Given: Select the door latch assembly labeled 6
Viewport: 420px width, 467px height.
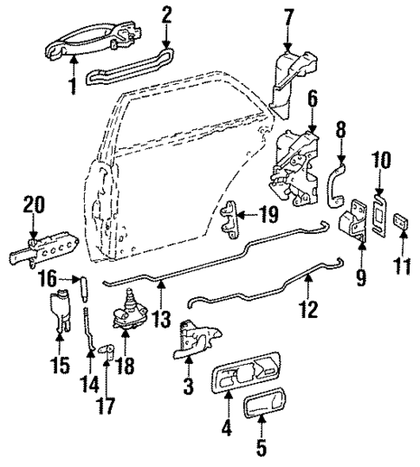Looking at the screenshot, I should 291,165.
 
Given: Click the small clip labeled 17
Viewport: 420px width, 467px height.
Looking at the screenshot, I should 105,349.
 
